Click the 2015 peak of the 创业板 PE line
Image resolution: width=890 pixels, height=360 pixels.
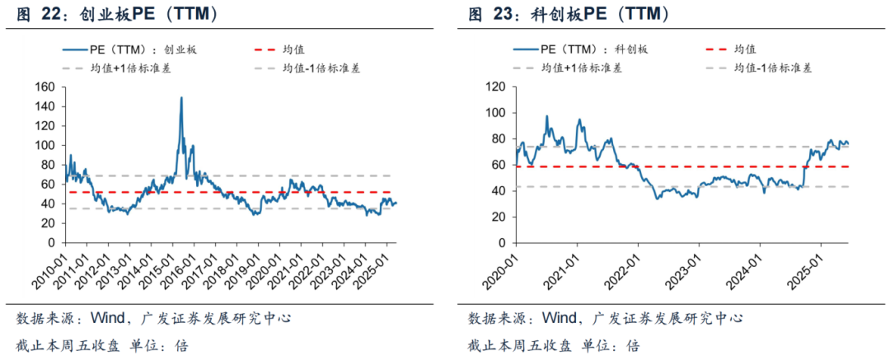pos(181,98)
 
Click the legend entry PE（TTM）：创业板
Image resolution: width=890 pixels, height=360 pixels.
pos(129,49)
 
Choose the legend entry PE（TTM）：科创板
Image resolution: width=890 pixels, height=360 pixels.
pos(580,49)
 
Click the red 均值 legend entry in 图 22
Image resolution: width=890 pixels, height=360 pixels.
pos(279,49)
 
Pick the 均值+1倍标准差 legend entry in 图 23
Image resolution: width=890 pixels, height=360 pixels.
pos(567,68)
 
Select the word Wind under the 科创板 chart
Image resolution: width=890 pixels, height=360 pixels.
pos(559,318)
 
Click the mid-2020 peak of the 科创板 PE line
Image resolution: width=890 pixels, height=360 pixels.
pos(546,116)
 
